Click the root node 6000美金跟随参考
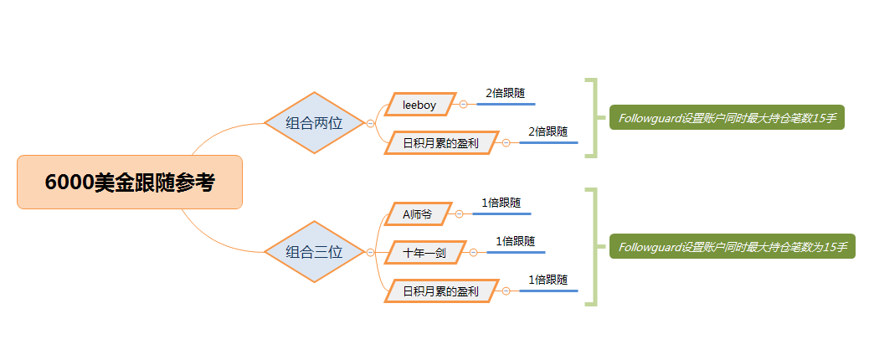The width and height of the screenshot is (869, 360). pyautogui.click(x=130, y=183)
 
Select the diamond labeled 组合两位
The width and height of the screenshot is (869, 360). pyautogui.click(x=315, y=123)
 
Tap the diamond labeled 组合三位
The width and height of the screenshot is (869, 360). pyautogui.click(x=315, y=252)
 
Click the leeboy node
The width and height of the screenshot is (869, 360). pyautogui.click(x=419, y=105)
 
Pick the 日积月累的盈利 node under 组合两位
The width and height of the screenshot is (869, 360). pyautogui.click(x=440, y=143)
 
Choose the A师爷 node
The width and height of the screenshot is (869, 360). pyautogui.click(x=418, y=214)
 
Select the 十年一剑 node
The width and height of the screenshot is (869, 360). pyautogui.click(x=424, y=252)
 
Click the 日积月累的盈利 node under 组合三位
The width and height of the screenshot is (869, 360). pyautogui.click(x=440, y=291)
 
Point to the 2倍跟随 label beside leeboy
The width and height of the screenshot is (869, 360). pyautogui.click(x=506, y=94)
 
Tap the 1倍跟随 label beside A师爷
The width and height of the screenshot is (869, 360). pyautogui.click(x=501, y=203)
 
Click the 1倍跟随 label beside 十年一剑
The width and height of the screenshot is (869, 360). pyautogui.click(x=515, y=241)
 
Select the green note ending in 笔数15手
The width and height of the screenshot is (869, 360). pyautogui.click(x=727, y=118)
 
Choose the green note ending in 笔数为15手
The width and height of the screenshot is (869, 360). pyautogui.click(x=732, y=247)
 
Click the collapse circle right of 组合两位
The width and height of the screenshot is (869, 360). pyautogui.click(x=371, y=123)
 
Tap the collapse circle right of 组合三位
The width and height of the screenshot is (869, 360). pyautogui.click(x=371, y=252)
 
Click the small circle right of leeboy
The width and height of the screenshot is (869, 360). pyautogui.click(x=463, y=105)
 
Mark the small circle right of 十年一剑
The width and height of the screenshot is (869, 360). pyautogui.click(x=473, y=252)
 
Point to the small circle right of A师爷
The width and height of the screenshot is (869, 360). pyautogui.click(x=459, y=214)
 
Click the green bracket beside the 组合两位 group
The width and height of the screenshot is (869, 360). pyautogui.click(x=594, y=118)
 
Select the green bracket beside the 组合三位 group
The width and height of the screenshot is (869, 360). pyautogui.click(x=594, y=247)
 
